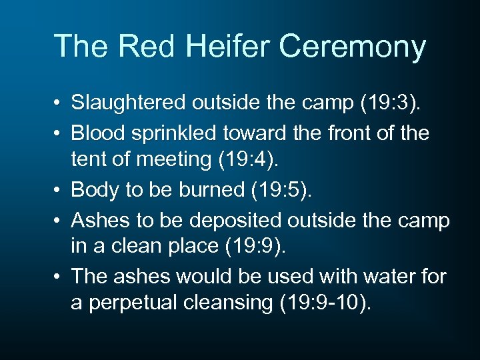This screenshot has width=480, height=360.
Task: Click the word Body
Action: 93,191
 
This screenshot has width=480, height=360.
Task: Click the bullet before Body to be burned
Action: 59,191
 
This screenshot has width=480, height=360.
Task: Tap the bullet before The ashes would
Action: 59,277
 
